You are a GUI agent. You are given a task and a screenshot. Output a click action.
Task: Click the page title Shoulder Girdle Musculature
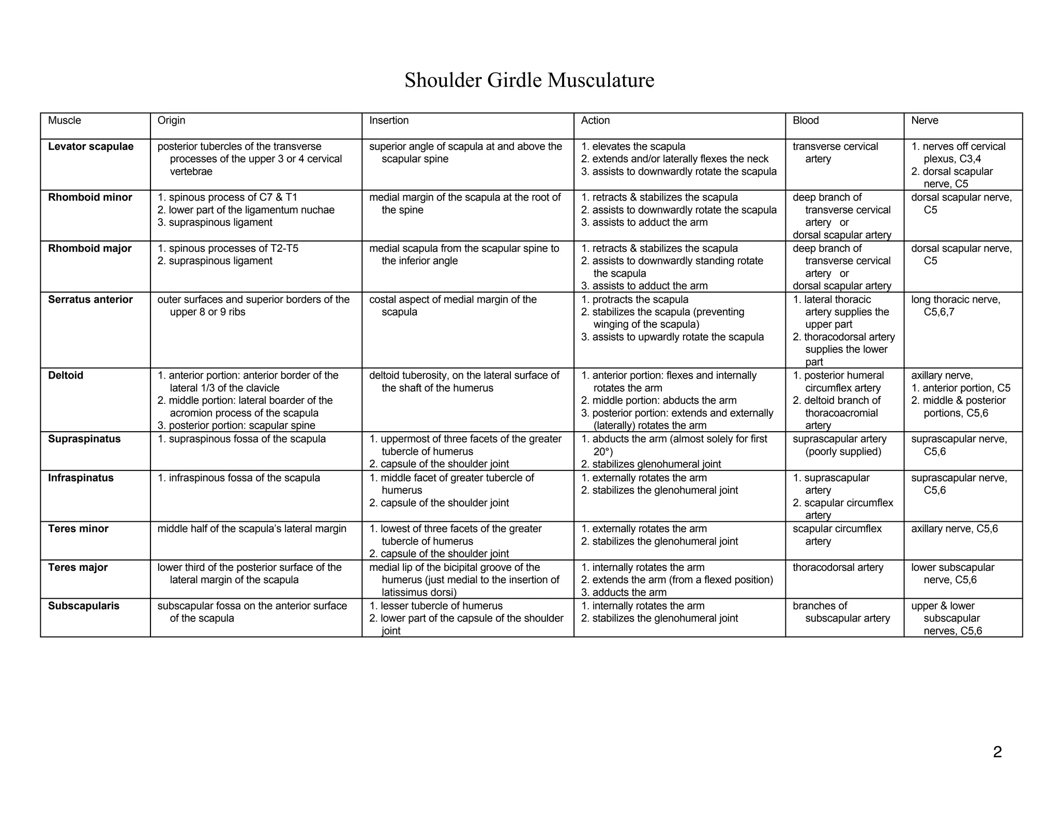pos(529,81)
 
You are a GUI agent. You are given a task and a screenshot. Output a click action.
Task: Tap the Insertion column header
pos(388,120)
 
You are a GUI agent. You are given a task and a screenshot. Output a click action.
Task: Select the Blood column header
pos(806,120)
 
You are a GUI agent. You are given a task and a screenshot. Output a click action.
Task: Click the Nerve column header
pos(924,120)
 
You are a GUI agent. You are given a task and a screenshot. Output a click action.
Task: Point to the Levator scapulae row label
pos(90,147)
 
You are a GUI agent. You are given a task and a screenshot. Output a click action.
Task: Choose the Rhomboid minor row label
pos(90,198)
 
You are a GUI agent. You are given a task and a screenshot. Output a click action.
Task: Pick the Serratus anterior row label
pos(90,300)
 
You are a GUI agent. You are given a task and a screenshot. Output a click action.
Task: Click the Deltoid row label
pos(66,376)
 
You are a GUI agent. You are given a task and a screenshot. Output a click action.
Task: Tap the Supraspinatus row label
pos(84,440)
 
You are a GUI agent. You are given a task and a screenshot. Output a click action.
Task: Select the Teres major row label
pos(78,568)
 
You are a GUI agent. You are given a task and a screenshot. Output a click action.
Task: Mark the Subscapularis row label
pos(83,606)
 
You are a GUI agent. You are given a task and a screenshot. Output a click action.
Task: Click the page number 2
pos(997,752)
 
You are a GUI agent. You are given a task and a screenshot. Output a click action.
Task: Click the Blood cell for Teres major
pos(837,568)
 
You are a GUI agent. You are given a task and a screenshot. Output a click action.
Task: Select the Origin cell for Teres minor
pos(252,529)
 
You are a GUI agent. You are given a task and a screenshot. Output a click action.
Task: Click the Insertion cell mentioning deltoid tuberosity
pos(464,382)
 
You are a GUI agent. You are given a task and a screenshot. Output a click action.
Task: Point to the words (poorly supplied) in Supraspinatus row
pos(843,452)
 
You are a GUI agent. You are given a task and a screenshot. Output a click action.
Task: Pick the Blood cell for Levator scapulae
pos(835,153)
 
